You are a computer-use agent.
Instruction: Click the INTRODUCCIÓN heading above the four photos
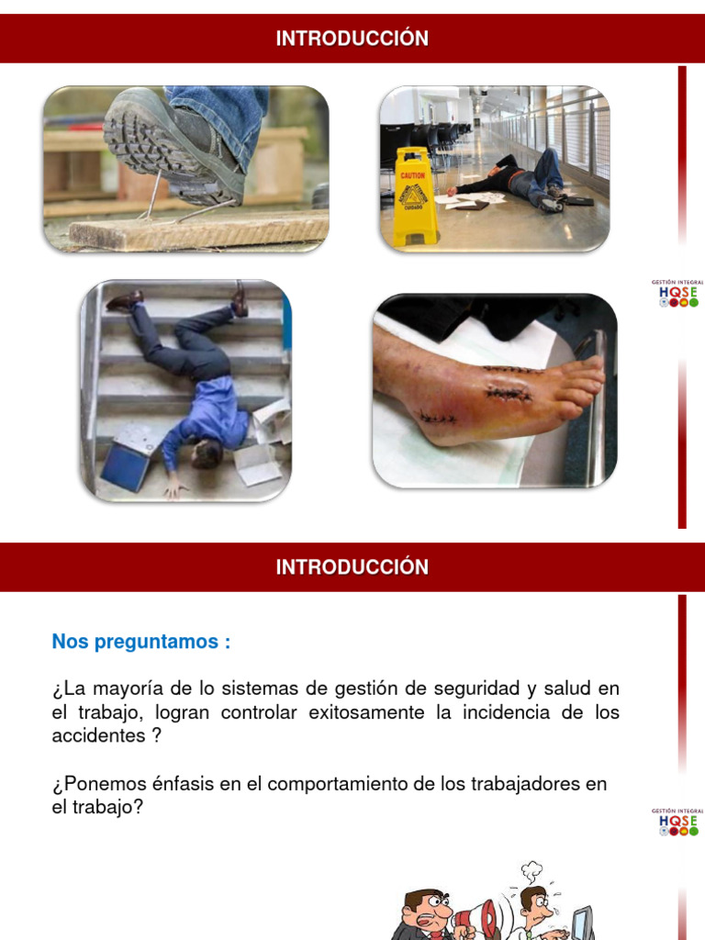pos(352,39)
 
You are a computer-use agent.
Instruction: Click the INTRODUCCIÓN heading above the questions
pos(352,567)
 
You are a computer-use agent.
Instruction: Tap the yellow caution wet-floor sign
pos(412,196)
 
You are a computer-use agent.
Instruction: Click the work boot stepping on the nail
pos(174,142)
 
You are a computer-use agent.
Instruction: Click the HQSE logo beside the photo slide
pos(678,294)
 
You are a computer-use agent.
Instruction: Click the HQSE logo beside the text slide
pos(678,822)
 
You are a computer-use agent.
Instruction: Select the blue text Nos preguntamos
pos(141,642)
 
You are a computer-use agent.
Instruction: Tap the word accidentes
pos(95,736)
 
